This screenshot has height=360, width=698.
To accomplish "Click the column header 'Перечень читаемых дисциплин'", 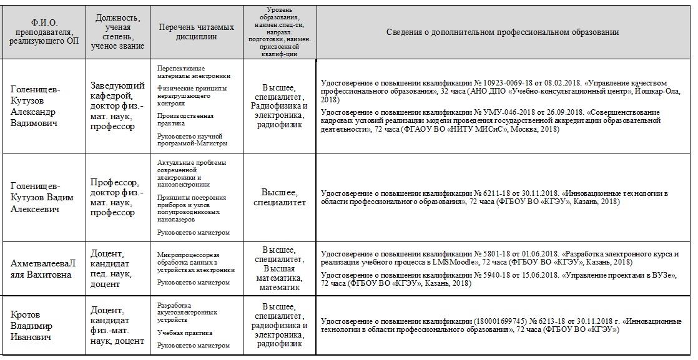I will tap(197, 32).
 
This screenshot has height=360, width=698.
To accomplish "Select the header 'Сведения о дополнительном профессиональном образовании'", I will tap(502, 32).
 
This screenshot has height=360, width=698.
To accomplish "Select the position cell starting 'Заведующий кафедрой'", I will tap(117, 106).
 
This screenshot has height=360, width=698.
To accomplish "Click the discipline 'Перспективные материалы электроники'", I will tap(194, 72).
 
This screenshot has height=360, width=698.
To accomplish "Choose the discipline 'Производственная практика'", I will tap(185, 119).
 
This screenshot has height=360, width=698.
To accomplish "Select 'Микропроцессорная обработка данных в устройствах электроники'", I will tap(195, 263).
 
